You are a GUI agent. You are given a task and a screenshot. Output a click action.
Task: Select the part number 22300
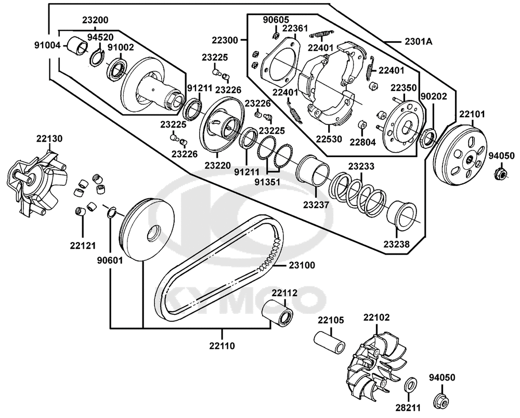225,40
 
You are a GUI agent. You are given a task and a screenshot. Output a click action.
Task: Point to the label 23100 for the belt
302,265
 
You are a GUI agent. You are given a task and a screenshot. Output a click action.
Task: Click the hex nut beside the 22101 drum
500,172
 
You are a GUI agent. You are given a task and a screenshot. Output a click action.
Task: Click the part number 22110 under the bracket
222,345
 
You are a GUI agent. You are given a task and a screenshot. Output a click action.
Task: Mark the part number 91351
268,182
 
